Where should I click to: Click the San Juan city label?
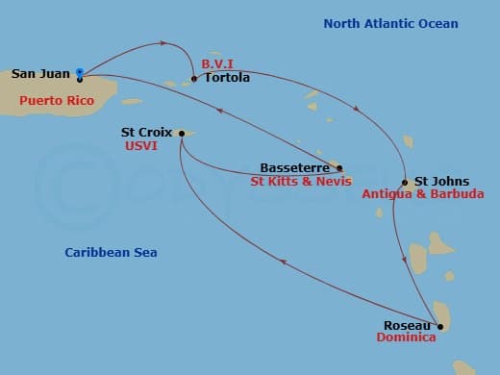click(x=40, y=73)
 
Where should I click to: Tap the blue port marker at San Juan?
click(x=79, y=71)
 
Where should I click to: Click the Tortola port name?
click(x=227, y=78)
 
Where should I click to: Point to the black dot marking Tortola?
click(x=194, y=79)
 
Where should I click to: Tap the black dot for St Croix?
click(x=181, y=134)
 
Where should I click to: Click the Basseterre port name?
click(x=296, y=166)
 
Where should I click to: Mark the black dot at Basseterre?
click(x=338, y=167)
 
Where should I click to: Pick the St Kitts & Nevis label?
click(x=300, y=180)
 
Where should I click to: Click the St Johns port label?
click(x=443, y=180)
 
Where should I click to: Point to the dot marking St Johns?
click(x=406, y=183)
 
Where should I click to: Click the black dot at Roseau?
click(x=433, y=327)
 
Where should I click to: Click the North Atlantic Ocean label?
click(x=390, y=23)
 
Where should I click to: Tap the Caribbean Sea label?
click(x=111, y=253)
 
